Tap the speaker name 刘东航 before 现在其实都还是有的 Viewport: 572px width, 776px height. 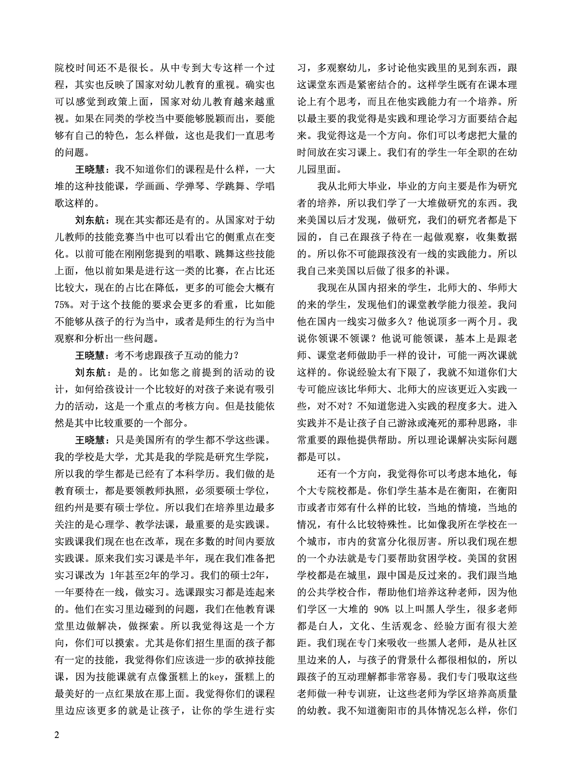pyautogui.click(x=89, y=221)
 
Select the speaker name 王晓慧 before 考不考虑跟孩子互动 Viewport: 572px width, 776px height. pyautogui.click(x=89, y=355)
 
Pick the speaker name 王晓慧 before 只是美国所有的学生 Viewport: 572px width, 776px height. pyautogui.click(x=89, y=440)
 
